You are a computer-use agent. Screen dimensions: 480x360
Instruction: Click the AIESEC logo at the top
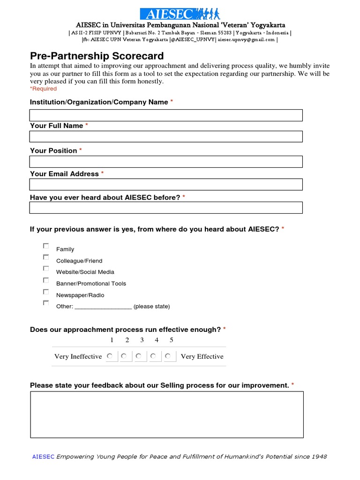tap(180, 14)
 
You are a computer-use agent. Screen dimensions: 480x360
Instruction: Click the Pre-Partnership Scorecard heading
tap(97, 56)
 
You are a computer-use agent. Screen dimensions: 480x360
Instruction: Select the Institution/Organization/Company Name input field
tap(166, 115)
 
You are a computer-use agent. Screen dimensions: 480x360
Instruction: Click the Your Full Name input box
tap(166, 136)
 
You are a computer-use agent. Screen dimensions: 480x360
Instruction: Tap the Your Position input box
tap(166, 162)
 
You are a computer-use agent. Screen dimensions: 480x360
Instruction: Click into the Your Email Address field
tap(166, 184)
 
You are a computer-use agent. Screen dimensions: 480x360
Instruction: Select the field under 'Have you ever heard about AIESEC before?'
tap(166, 208)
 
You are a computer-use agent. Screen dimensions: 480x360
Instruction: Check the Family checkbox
tap(46, 246)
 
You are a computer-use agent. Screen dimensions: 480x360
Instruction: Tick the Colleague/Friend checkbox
tap(46, 257)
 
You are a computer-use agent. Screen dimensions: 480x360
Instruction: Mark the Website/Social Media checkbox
tap(46, 269)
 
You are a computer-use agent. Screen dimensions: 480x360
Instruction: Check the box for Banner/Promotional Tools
tap(46, 280)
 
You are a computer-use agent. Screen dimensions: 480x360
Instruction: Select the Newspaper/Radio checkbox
tap(46, 292)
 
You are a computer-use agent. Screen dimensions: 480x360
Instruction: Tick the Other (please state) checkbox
tap(46, 303)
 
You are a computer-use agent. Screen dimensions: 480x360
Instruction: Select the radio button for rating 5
tap(168, 356)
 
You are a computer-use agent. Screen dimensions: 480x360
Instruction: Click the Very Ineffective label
tap(78, 357)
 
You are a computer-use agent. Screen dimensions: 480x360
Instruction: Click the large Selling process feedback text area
tap(167, 414)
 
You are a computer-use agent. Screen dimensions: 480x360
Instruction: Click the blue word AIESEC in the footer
tap(43, 457)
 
